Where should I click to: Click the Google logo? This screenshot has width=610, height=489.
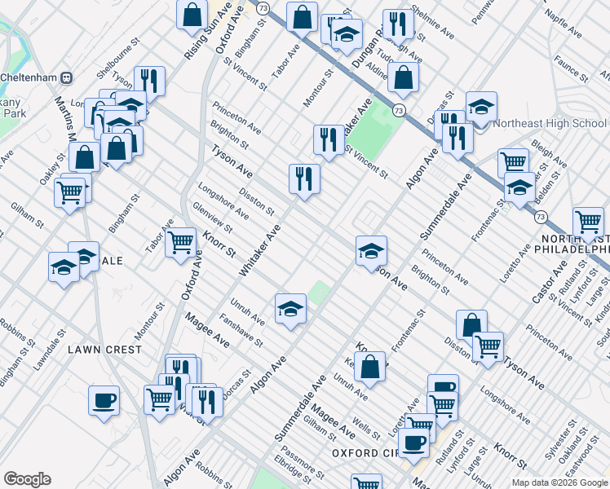pos(27,479)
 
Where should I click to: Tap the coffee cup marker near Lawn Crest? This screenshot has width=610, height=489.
pos(104,400)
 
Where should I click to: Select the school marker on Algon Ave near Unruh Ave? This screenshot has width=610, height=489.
pos(290,308)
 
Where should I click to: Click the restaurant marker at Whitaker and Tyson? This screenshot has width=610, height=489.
pos(304,178)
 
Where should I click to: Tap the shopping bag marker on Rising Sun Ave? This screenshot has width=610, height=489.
pos(192,14)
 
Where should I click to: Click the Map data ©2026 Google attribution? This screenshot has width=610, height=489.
pos(559,482)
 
